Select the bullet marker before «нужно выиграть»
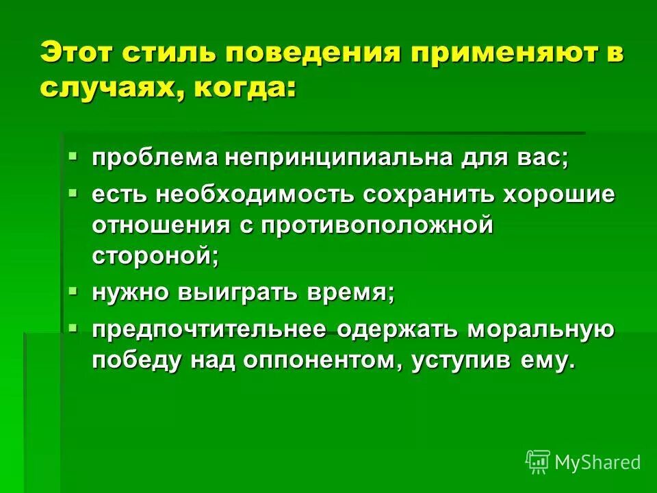(x=74, y=291)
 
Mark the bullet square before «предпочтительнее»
(x=74, y=328)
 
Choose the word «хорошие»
(x=559, y=194)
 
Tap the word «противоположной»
(x=374, y=226)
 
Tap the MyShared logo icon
(x=538, y=462)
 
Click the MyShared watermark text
(x=597, y=462)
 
